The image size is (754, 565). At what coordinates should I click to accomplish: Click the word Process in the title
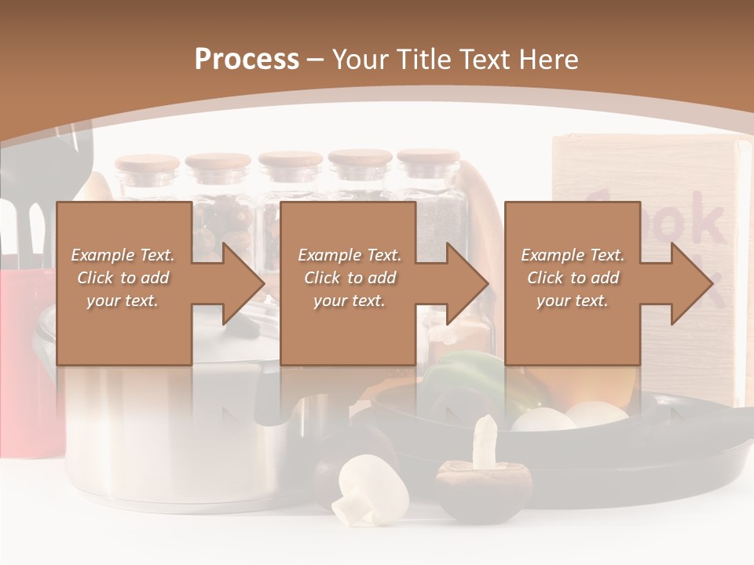tap(247, 60)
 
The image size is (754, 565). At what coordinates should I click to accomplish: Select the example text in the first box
tap(123, 278)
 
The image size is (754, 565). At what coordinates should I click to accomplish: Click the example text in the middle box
tap(349, 278)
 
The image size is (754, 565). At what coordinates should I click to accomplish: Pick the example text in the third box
tap(573, 278)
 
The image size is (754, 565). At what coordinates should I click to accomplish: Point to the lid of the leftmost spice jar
tap(147, 163)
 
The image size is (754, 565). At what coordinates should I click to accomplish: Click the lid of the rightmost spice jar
tap(428, 157)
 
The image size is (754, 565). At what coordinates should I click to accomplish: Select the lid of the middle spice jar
tap(291, 160)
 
